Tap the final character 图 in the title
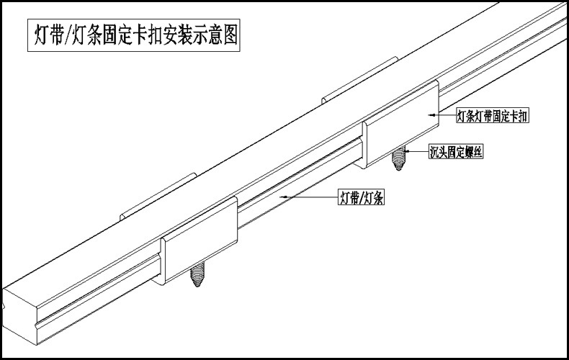coord(229,33)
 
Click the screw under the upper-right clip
coord(398,158)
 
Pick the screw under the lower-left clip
coord(197,276)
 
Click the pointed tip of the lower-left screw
coord(197,287)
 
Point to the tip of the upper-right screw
coord(398,170)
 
